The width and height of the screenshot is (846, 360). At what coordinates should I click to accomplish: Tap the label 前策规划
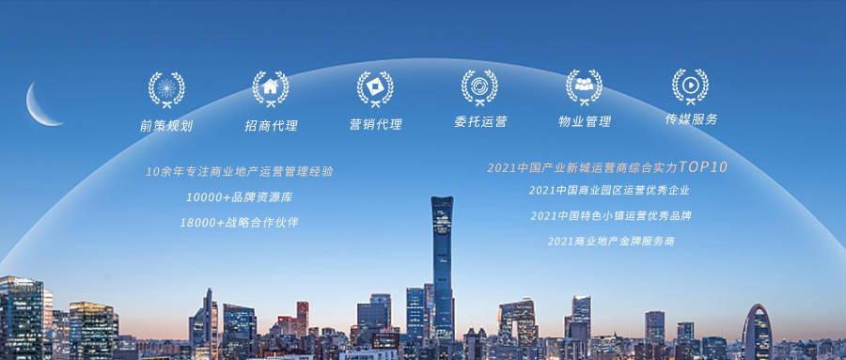tap(165, 125)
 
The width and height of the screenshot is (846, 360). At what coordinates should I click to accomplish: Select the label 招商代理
tap(271, 125)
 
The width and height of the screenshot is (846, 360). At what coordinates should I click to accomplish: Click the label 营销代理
tap(375, 124)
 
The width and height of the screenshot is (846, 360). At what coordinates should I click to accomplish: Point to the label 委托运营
tap(480, 122)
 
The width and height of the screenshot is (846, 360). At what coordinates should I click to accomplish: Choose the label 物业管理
tap(585, 121)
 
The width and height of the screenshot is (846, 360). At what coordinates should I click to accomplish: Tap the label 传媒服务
tap(691, 119)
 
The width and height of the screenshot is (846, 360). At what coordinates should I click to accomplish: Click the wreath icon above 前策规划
tap(166, 89)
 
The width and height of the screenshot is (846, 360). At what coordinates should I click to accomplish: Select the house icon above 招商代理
tap(271, 88)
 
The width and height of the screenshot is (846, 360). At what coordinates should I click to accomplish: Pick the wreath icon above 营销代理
tap(375, 88)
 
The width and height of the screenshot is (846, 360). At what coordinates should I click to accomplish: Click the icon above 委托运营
tap(479, 87)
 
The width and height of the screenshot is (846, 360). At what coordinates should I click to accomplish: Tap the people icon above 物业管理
tap(584, 86)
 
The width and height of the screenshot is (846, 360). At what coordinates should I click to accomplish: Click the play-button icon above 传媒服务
tap(690, 85)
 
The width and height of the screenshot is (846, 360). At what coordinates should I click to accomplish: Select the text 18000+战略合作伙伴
tap(240, 223)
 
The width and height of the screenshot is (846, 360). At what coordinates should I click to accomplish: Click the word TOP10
tap(702, 167)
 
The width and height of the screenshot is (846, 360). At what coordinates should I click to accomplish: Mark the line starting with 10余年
tap(240, 172)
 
